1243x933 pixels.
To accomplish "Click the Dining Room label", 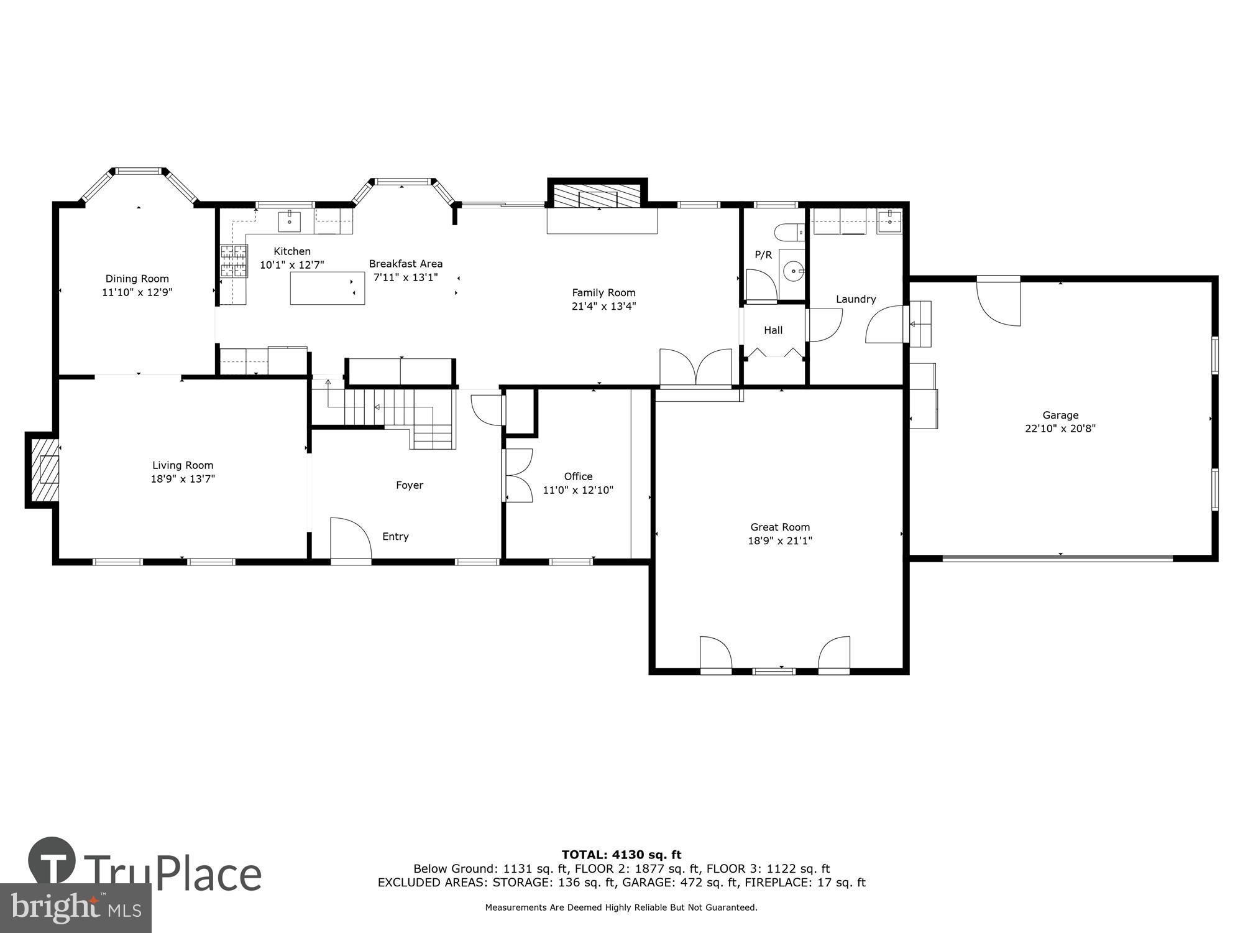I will point(137,279).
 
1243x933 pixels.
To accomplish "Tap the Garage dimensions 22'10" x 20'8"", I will point(1060,429).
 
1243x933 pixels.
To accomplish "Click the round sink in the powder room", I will point(794,271).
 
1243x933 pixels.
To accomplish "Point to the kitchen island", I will point(327,288).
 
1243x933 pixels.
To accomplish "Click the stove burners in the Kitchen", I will point(234,261).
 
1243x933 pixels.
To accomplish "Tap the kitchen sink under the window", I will point(290,221).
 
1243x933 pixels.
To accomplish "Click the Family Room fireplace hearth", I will point(597,198).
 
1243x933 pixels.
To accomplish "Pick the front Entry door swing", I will point(350,540).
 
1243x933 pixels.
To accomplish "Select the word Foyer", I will point(410,485).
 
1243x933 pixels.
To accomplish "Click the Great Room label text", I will point(780,527).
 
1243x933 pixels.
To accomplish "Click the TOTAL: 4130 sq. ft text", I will point(621,855).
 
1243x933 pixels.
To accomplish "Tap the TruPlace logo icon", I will point(52,861).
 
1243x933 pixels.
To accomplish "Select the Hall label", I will point(773,330).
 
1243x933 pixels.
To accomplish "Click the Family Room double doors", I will point(695,368).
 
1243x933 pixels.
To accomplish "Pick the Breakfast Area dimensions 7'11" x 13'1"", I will point(405,277).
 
